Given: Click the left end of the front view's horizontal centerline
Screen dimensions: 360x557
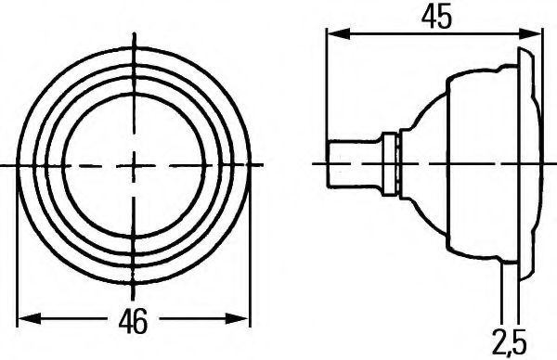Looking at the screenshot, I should [x=5, y=165].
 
